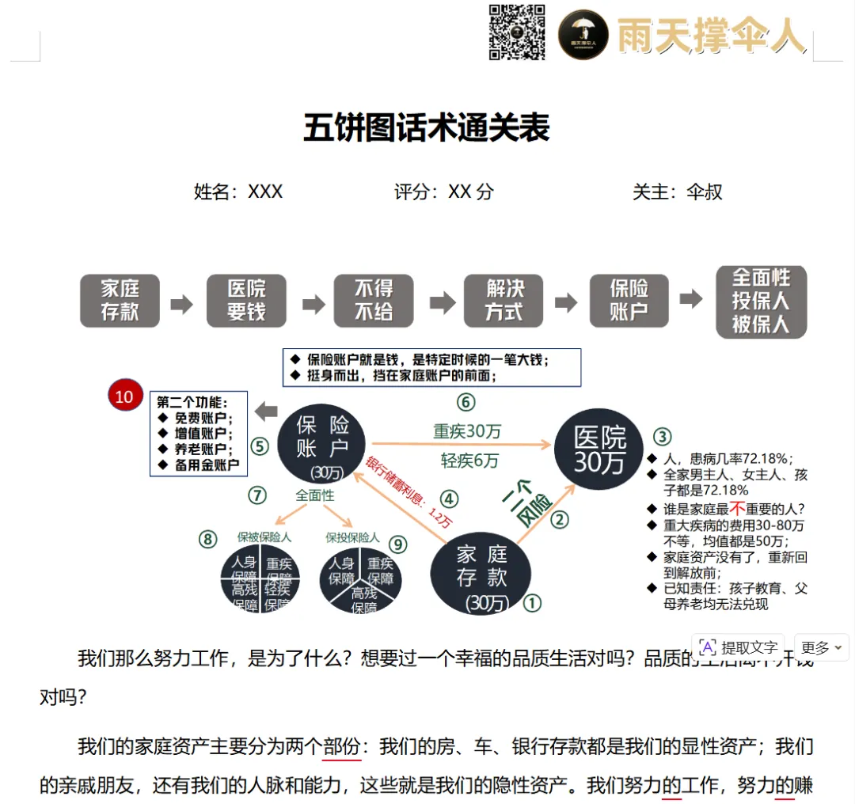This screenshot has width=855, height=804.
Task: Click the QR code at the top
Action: pos(517,32)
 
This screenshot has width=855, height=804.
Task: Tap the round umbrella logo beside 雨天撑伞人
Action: pos(583,34)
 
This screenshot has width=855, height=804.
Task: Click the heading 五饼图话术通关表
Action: pos(427,127)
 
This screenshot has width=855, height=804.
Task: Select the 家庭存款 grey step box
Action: pos(120,301)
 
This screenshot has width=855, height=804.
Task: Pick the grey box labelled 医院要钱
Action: pos(246,301)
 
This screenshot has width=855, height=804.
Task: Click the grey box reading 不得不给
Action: pos(374,301)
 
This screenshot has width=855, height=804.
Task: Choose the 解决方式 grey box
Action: pos(504,301)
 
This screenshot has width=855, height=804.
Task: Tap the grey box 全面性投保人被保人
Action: pos(761,301)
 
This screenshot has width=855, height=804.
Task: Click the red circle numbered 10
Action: pos(124,396)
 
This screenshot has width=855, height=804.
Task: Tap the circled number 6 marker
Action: pos(465,403)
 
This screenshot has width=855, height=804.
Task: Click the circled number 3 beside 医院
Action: pos(662,436)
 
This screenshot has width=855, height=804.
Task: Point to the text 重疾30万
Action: pos(467,431)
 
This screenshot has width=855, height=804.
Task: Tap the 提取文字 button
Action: pos(739,647)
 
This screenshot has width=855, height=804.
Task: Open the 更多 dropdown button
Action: pos(821,647)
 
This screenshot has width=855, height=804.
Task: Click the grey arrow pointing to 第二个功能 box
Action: pos(265,411)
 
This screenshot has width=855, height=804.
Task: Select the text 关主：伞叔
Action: pos(677,192)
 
